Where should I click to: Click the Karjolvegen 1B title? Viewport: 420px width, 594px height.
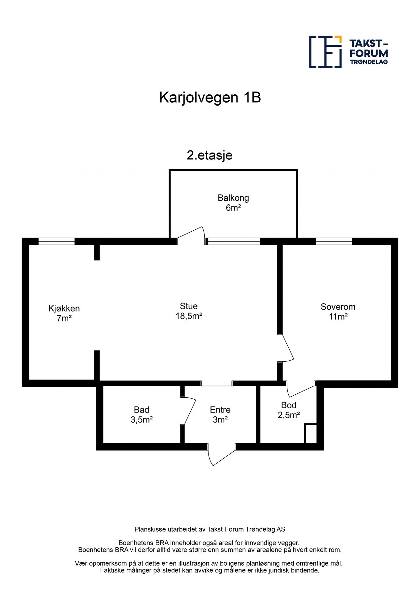(x=210, y=98)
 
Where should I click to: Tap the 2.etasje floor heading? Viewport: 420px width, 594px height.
(x=210, y=155)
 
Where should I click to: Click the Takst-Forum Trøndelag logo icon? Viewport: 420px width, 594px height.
(x=325, y=52)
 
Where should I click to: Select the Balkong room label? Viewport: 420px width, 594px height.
(x=233, y=198)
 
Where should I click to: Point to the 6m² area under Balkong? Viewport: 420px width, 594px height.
(x=233, y=208)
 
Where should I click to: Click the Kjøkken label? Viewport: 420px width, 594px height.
(x=64, y=309)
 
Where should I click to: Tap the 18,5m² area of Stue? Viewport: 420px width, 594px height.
(x=189, y=316)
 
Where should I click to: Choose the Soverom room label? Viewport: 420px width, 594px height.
(x=338, y=307)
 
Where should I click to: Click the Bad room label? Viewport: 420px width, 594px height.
(x=142, y=410)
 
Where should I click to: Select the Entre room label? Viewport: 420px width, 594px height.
(x=220, y=410)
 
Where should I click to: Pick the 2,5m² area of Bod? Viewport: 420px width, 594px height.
(x=289, y=415)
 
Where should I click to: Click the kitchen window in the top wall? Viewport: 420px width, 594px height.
(x=56, y=242)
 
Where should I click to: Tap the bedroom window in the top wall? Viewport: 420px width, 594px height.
(x=334, y=242)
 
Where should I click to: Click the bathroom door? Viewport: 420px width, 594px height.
(x=189, y=411)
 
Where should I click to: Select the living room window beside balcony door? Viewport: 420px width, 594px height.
(x=234, y=242)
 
